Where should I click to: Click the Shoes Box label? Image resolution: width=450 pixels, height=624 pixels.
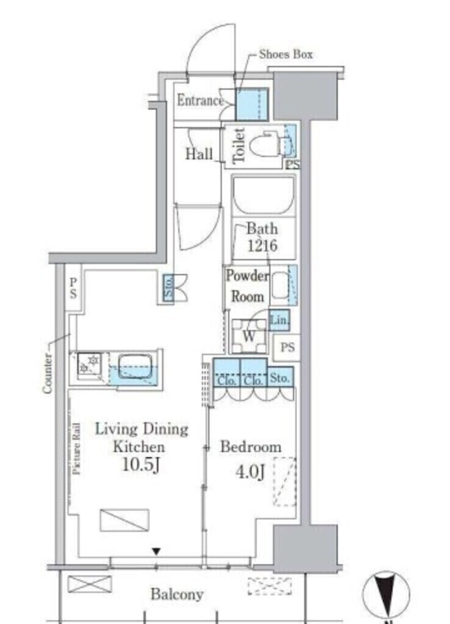[285, 54]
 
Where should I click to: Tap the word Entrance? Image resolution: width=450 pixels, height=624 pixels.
[201, 101]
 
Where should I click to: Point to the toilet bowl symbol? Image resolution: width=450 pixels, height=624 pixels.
[265, 146]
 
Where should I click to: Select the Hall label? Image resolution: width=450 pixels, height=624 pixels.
[199, 154]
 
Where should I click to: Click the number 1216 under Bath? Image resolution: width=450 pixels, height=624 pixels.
[262, 246]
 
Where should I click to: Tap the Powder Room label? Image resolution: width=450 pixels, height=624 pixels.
[248, 286]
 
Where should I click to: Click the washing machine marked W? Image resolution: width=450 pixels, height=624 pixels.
[249, 336]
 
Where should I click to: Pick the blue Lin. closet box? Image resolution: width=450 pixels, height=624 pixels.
[279, 320]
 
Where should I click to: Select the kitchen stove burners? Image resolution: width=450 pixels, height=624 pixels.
[89, 364]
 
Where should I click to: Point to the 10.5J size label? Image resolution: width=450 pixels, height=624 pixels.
[141, 464]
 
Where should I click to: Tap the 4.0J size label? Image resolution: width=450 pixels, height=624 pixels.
[251, 472]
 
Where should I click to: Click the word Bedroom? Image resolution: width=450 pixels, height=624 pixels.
[251, 447]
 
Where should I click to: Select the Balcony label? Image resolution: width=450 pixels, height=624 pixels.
[177, 594]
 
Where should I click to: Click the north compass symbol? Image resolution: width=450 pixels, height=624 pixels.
[385, 595]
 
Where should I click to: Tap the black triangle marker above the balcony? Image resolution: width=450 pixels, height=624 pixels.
[157, 551]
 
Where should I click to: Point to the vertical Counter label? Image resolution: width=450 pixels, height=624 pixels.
[48, 374]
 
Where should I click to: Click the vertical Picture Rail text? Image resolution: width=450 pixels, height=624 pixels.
[77, 449]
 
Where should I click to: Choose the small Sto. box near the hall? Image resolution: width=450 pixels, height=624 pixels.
[169, 288]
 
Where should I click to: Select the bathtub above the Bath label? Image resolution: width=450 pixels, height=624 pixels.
[264, 196]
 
